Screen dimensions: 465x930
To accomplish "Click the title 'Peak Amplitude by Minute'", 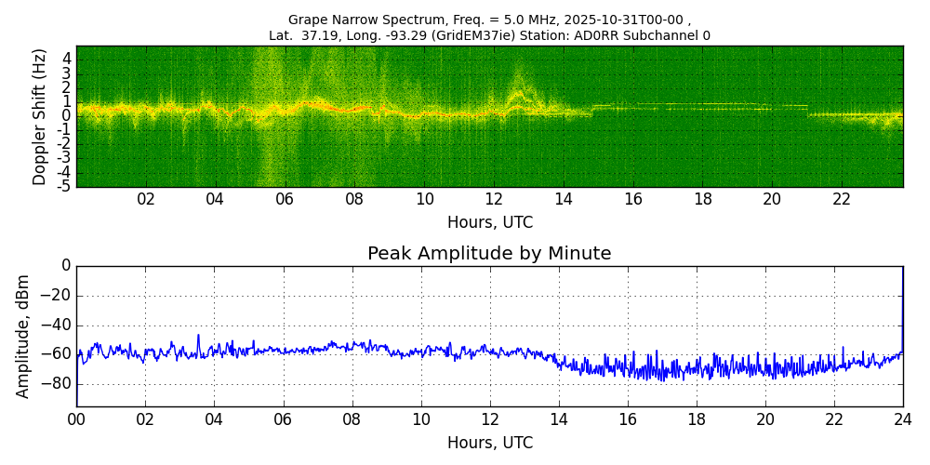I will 489,254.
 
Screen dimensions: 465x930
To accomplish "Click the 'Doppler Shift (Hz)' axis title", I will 39,116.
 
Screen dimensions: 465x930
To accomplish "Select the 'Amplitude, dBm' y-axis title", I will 23,336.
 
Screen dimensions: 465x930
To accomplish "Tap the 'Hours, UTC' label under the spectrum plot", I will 489,223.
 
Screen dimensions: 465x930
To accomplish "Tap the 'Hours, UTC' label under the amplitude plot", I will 489,444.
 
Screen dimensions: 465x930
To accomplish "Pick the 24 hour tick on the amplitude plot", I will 902,419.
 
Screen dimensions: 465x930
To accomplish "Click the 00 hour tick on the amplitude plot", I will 76,419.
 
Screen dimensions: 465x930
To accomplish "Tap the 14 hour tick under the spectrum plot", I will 564,199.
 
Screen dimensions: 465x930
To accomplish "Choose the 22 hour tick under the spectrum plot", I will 841,199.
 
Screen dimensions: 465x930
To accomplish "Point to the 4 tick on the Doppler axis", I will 66,58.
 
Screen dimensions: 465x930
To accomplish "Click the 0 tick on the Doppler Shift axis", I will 66,116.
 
